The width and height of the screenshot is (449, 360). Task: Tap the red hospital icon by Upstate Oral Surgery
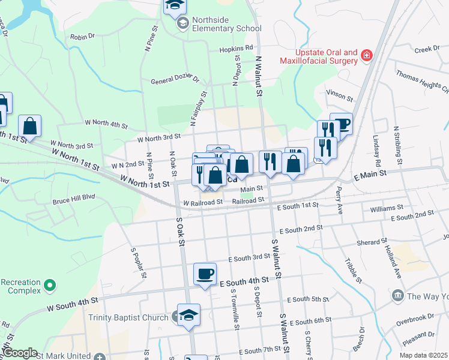point(366,56)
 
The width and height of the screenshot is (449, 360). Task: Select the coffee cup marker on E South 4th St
point(205,274)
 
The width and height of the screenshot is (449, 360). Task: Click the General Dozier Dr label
point(175,81)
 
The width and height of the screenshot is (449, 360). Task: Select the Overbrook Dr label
point(414,317)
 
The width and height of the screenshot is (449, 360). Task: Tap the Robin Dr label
point(83,36)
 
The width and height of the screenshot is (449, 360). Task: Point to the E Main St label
point(368,175)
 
